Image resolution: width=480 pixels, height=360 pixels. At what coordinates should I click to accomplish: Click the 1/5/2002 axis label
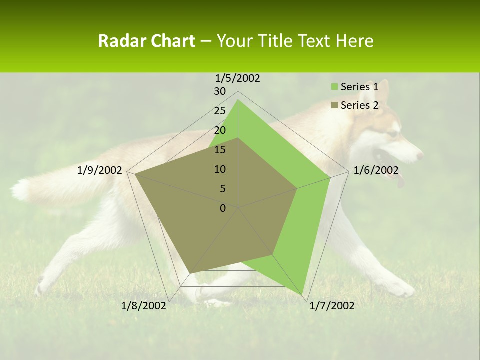point(238,78)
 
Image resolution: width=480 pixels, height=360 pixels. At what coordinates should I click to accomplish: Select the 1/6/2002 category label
point(376,170)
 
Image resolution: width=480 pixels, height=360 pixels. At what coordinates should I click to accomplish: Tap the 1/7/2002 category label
point(332,306)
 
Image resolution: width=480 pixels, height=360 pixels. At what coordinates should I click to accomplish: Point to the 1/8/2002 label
point(144,306)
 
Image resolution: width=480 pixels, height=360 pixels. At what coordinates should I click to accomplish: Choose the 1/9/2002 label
point(100,170)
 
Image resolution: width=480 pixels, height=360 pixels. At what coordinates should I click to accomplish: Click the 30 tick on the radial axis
point(220,91)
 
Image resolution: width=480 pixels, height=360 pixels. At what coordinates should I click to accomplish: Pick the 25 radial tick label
point(220,111)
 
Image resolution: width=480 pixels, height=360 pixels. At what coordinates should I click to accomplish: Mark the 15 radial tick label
point(220,150)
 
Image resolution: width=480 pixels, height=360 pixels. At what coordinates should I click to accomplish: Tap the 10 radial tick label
point(220,169)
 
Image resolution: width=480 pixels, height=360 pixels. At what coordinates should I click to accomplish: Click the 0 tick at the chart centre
point(223,208)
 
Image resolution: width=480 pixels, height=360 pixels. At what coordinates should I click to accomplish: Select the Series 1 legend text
point(359,87)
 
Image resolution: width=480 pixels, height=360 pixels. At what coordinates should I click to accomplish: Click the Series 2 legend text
point(359,105)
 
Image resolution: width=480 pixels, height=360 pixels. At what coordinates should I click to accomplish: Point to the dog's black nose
point(420,156)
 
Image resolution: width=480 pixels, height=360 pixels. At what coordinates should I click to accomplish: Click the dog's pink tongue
point(400,181)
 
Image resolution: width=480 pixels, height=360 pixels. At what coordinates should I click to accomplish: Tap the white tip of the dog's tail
point(20,190)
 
